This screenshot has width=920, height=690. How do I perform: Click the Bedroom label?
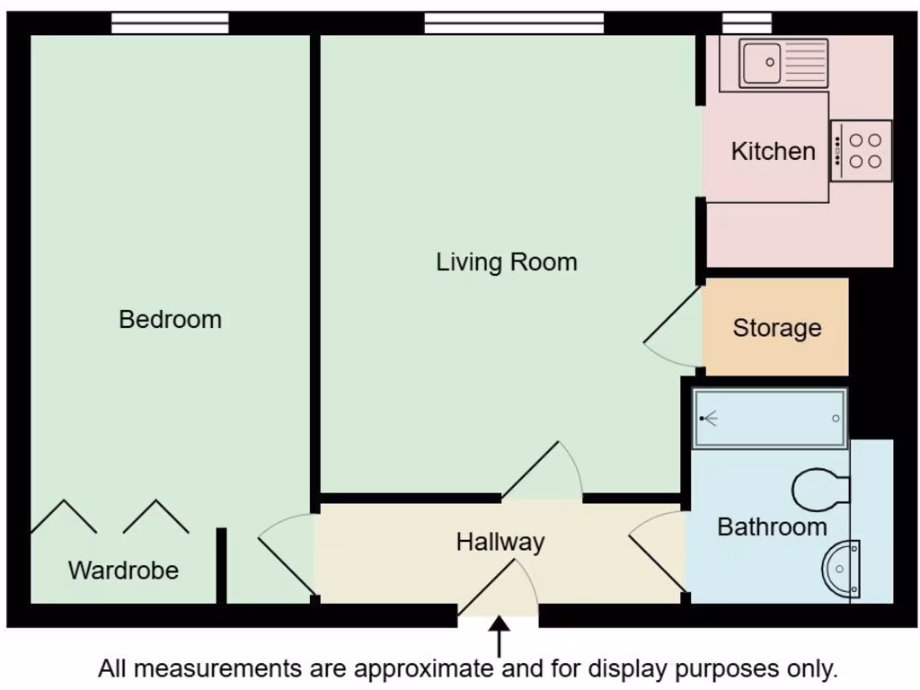coord(170,319)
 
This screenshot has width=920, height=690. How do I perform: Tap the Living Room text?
coord(506,262)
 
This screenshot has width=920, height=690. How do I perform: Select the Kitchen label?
coord(773,151)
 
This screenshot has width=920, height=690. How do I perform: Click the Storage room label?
coord(776,328)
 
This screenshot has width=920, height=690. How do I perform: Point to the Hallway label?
coord(500,542)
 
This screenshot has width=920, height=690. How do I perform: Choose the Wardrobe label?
coord(123,570)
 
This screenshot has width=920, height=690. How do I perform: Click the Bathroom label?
coord(772,526)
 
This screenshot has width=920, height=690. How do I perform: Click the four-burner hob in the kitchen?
coord(862,151)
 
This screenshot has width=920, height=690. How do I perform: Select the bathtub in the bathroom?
coord(770,419)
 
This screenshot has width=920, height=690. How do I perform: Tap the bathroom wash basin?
coord(843,568)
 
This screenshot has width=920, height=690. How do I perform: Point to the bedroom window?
coord(170,23)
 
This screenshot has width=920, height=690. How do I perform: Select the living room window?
coord(514,23)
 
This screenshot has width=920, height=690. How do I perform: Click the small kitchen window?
coord(747,23)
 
